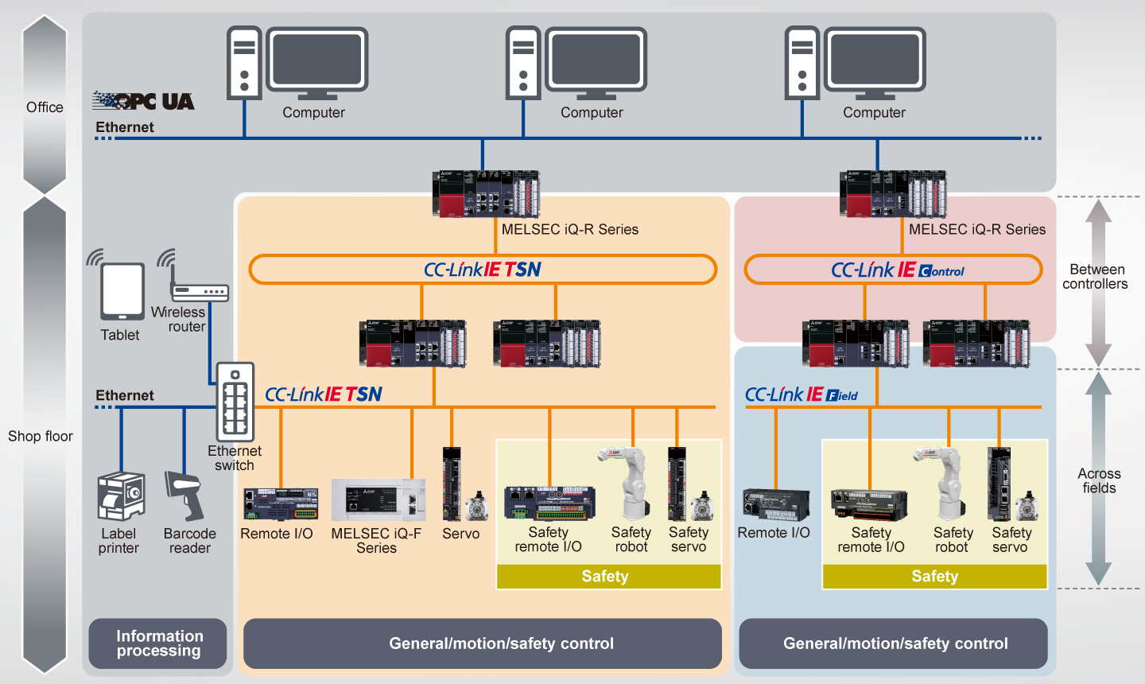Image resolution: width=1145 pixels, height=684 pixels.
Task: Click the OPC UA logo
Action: [x=144, y=101]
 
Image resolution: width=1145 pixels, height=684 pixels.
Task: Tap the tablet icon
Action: [x=122, y=291]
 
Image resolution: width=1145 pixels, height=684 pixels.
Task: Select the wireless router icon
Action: [x=200, y=292]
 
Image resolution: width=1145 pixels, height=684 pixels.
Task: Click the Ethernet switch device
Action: [x=235, y=401]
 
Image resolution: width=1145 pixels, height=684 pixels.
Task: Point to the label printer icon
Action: [x=121, y=496]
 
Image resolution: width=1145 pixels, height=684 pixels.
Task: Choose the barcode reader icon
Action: [x=184, y=495]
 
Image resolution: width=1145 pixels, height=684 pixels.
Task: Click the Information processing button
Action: [x=158, y=643]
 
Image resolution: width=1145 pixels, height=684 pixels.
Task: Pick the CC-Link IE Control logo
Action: [x=898, y=270]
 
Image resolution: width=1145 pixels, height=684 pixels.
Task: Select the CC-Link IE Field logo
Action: [x=801, y=394]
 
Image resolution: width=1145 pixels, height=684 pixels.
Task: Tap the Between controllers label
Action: [x=1096, y=277]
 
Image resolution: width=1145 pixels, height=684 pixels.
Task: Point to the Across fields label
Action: [x=1099, y=480]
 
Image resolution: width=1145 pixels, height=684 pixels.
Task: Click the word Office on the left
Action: [x=45, y=107]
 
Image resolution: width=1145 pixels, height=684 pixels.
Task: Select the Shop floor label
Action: [x=41, y=436]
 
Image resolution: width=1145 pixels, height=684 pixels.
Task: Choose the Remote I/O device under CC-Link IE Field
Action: [x=776, y=503]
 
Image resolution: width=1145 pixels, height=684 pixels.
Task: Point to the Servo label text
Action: [x=461, y=534]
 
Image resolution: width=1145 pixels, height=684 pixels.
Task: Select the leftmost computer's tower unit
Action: [x=244, y=63]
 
